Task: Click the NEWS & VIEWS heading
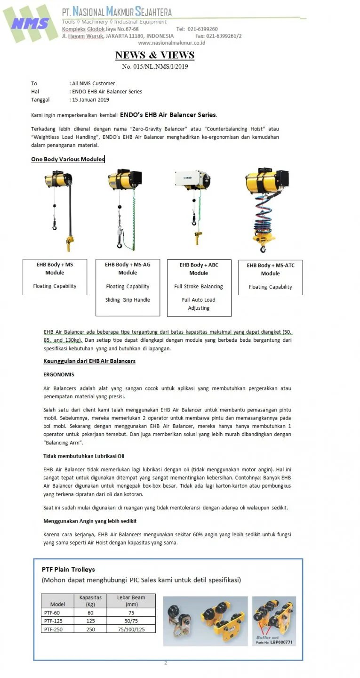(x=155, y=55)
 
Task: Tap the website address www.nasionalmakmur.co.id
(x=171, y=43)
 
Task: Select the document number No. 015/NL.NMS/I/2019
(x=155, y=66)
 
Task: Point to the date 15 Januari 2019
(x=90, y=100)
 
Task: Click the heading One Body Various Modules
(x=68, y=159)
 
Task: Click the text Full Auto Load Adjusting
(x=199, y=304)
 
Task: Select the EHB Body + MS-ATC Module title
(x=270, y=269)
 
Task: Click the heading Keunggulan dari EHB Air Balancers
(x=89, y=361)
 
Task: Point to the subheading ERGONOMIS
(x=59, y=375)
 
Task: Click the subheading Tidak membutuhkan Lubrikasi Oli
(x=84, y=456)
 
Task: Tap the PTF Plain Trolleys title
(x=68, y=569)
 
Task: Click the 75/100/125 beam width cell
(x=131, y=629)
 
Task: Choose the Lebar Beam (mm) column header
(x=131, y=600)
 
